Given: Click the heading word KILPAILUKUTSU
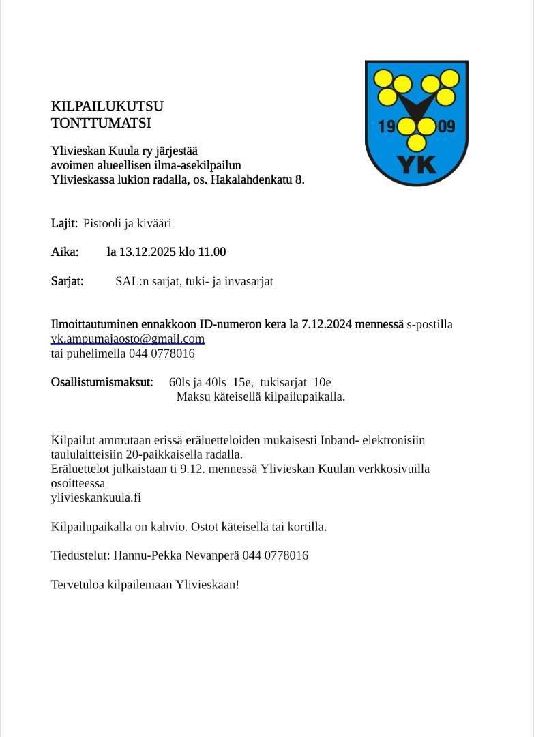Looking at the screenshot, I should click(107, 106).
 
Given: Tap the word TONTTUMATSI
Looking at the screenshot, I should click(101, 124).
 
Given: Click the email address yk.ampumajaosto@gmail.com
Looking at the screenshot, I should click(128, 338).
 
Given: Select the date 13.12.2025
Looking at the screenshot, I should click(147, 252).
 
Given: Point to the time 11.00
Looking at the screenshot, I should click(211, 252).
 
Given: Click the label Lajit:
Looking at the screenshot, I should click(64, 223).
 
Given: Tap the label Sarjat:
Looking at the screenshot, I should click(67, 281).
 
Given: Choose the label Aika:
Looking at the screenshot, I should click(65, 252).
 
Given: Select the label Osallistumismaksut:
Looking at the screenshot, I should click(102, 382).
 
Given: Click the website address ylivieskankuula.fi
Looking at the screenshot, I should click(96, 497).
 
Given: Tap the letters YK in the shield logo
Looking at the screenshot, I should click(416, 164).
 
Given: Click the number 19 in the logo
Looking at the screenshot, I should click(386, 127).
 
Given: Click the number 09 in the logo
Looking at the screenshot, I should click(447, 127).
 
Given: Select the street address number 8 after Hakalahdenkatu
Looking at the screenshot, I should click(299, 180).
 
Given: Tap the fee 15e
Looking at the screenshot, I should click(242, 382).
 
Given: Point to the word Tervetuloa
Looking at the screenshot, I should click(78, 585).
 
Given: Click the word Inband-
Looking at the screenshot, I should click(339, 440).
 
